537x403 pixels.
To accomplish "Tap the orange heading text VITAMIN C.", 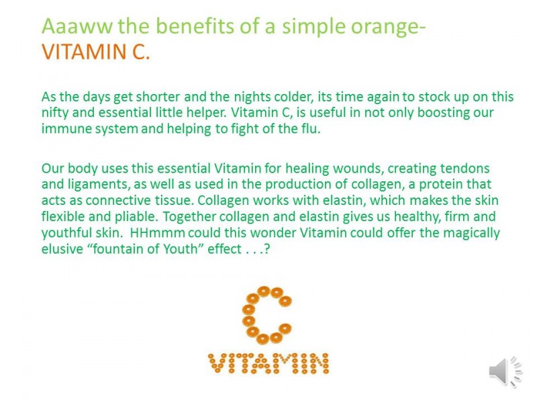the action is coord(96,52).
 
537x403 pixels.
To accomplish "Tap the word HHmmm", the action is coord(158,232).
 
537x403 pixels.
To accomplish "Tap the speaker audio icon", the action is coord(505,371).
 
